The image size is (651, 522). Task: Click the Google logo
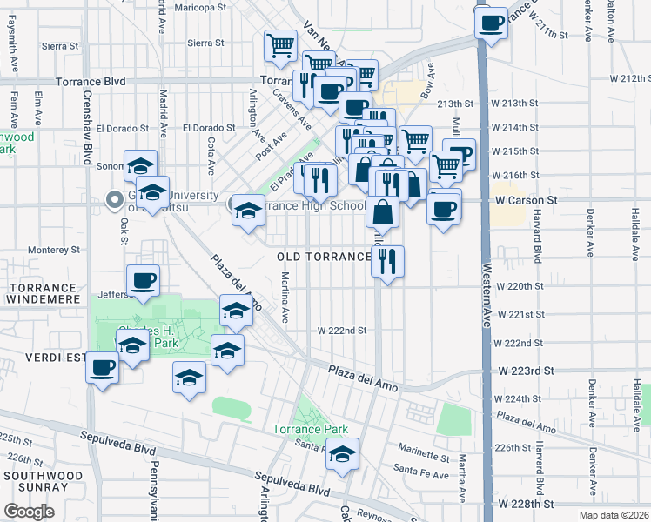(x=29, y=512)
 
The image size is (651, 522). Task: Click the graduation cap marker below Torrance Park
(x=343, y=455)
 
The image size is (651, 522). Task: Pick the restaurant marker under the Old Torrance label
(x=387, y=260)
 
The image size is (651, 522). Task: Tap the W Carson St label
(x=526, y=200)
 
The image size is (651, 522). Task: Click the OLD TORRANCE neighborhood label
(x=324, y=257)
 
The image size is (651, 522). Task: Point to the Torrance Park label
(x=310, y=429)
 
